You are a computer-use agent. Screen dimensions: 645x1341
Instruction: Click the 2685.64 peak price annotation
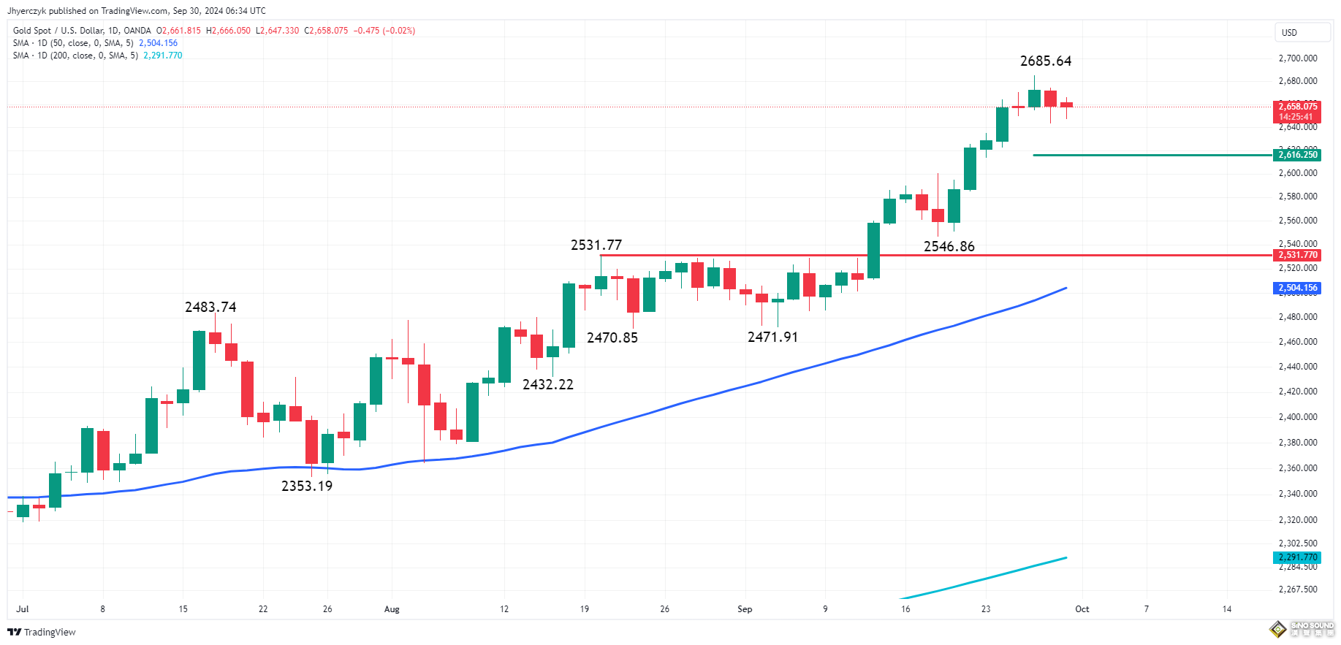coord(1046,61)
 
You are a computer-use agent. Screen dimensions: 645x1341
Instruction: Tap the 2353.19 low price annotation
coord(307,486)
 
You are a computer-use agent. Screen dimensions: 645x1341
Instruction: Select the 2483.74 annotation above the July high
coord(210,308)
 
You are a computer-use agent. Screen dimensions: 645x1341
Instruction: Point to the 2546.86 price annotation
coord(949,247)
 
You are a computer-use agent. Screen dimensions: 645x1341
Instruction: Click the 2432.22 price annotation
coord(548,385)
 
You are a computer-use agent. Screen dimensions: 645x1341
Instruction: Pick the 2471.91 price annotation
coord(772,337)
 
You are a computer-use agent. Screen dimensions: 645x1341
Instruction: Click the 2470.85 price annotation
coord(612,338)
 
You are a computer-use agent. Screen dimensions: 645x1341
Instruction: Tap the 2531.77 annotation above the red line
coord(596,245)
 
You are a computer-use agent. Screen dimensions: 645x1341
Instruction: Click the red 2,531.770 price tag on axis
coord(1298,255)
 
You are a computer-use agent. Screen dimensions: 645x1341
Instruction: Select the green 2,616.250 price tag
coord(1298,155)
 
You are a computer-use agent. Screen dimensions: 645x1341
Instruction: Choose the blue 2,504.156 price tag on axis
coord(1298,288)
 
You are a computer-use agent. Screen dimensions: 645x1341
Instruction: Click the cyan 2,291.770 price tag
coord(1298,557)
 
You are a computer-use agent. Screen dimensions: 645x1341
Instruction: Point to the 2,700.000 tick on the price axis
coord(1298,58)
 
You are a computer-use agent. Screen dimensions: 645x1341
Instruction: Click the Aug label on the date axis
coord(392,609)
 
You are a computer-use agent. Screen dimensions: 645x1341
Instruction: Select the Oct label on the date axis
coord(1082,609)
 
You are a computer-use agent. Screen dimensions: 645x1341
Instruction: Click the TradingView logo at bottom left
coord(42,633)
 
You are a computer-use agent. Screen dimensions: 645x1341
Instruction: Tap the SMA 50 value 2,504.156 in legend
coord(158,43)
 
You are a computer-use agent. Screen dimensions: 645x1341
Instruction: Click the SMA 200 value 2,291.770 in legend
coord(163,56)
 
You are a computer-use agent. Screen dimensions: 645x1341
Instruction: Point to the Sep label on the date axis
coord(745,609)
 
